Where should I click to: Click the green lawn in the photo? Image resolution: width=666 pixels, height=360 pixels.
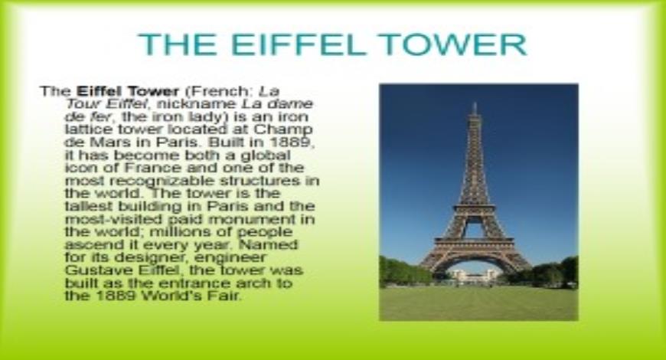point(478,303)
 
